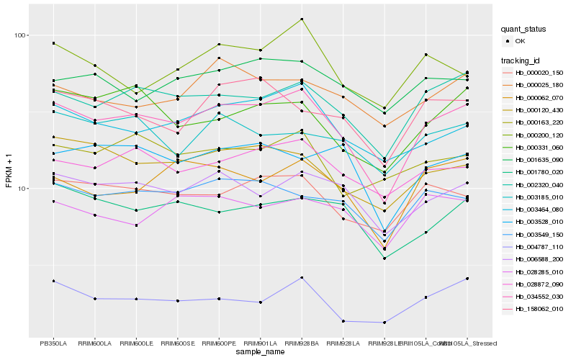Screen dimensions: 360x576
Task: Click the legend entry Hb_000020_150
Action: tap(539, 73)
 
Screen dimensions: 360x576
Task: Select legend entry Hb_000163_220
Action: tap(539, 122)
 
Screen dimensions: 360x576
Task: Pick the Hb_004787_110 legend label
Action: tap(539, 246)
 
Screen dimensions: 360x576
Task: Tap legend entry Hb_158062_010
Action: tap(539, 308)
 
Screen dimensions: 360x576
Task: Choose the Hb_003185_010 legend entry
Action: tap(539, 197)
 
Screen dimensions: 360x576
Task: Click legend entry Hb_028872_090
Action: tap(539, 284)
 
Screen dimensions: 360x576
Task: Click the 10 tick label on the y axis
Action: tap(21, 189)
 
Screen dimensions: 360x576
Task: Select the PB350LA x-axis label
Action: tap(53, 343)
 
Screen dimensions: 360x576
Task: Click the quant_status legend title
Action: tap(524, 30)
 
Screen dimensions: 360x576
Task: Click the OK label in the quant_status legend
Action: tap(521, 42)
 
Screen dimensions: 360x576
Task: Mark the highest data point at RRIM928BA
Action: tap(302, 19)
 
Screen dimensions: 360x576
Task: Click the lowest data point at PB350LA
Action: tap(53, 281)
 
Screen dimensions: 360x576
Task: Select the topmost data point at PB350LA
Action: tap(53, 43)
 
